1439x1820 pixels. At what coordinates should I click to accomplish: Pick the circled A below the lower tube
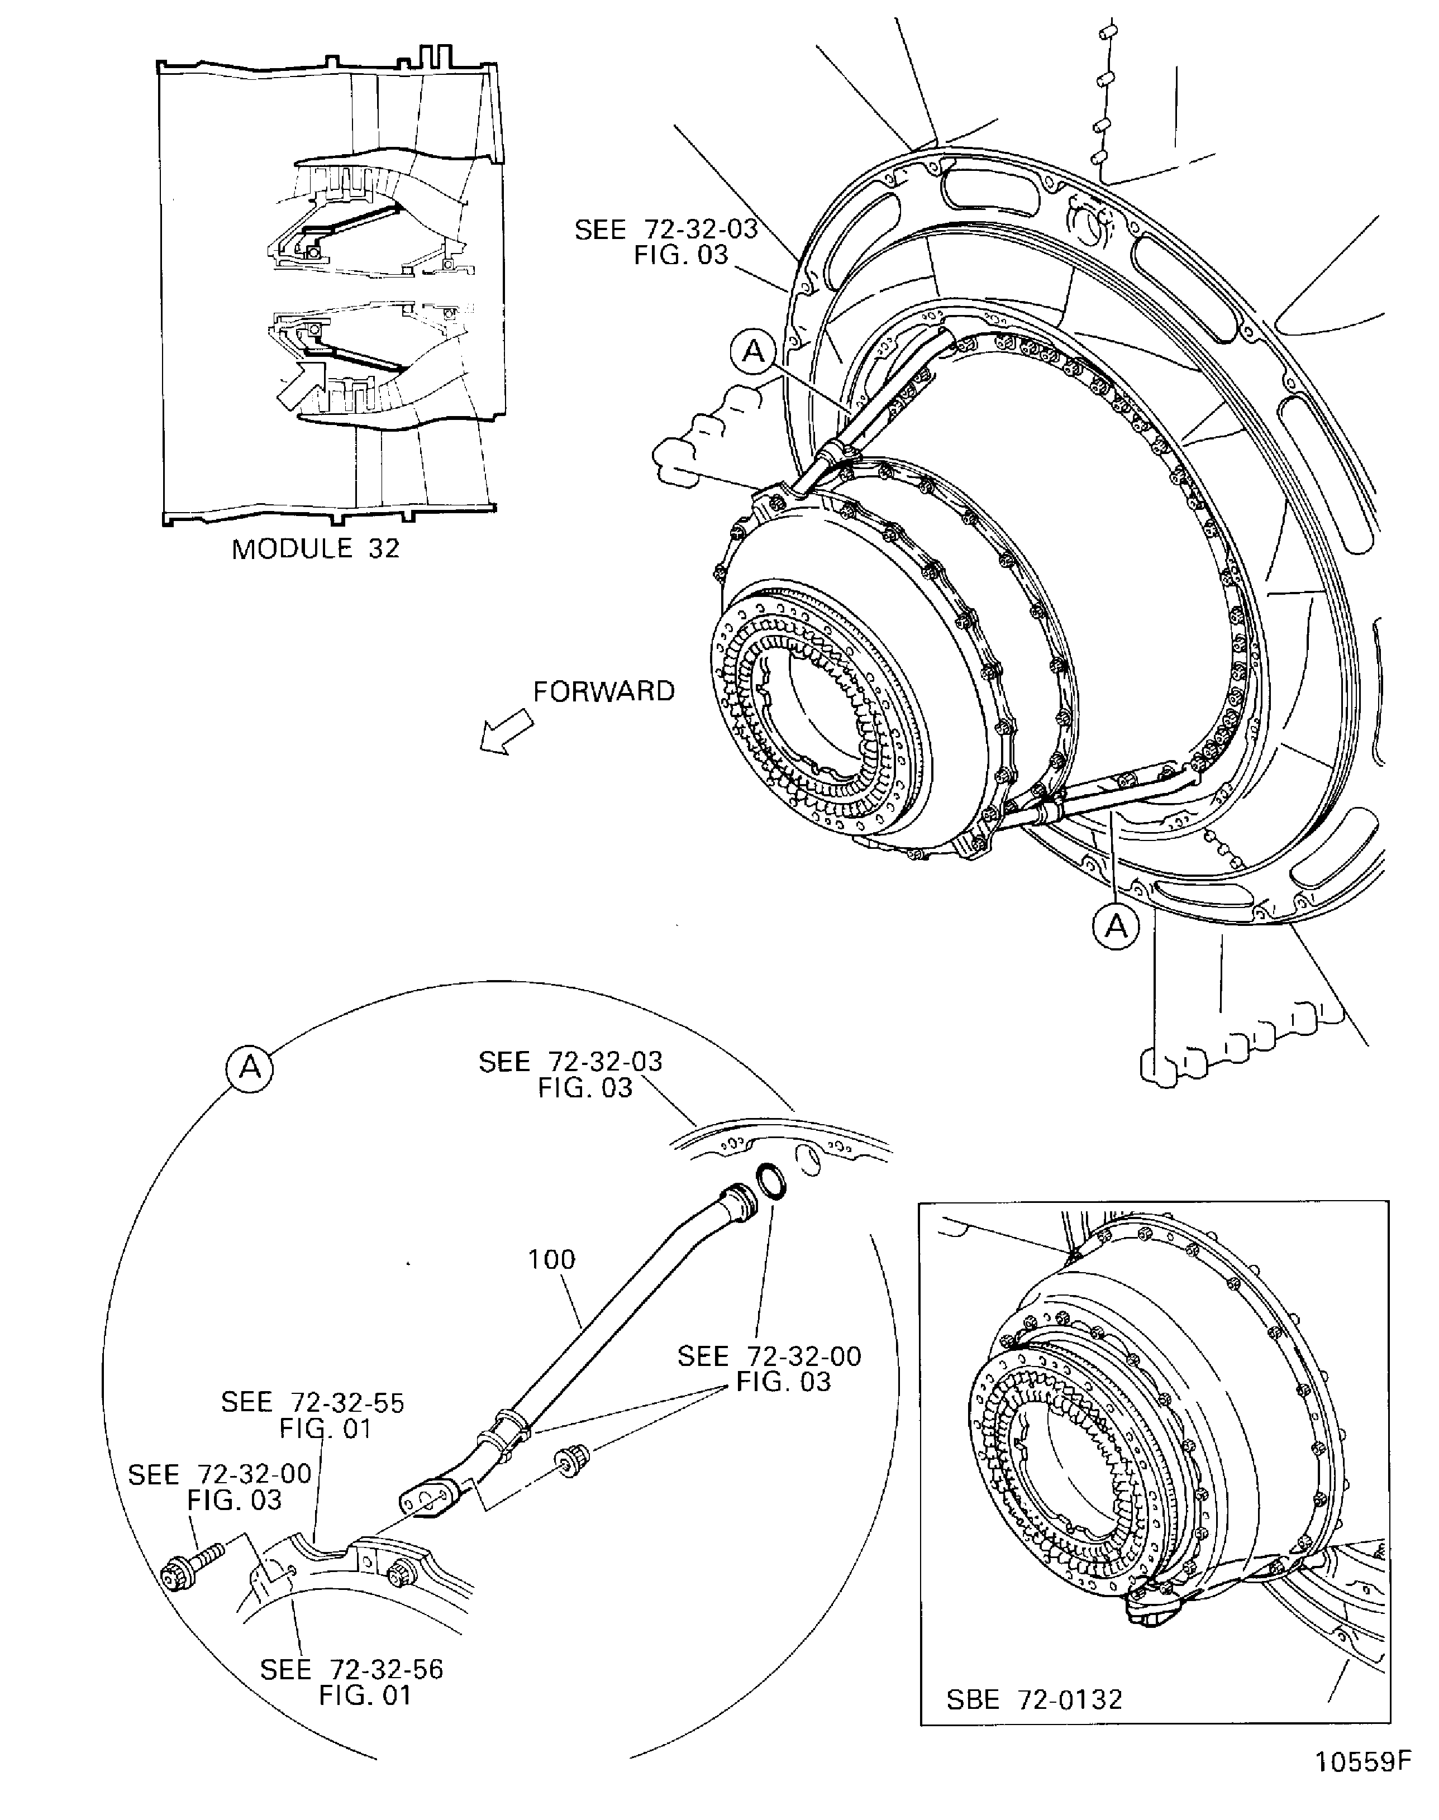click(1116, 926)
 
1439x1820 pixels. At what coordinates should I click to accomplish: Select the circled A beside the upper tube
click(753, 351)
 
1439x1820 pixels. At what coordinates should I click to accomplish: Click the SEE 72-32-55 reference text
click(313, 1416)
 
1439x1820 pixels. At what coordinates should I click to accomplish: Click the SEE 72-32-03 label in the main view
click(665, 242)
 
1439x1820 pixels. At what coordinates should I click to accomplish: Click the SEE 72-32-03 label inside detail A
click(570, 1074)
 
